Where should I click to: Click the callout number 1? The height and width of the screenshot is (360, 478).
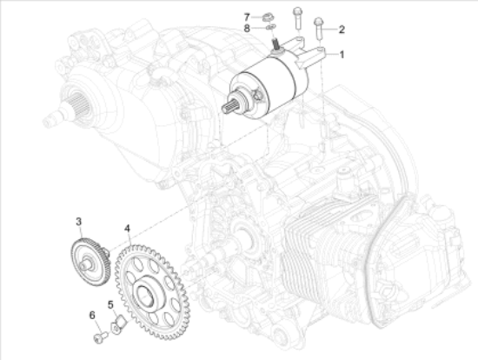(342, 55)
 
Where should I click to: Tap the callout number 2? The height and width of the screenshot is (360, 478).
(342, 30)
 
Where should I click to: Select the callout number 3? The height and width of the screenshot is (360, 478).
(78, 222)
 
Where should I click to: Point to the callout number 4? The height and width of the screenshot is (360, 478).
(127, 229)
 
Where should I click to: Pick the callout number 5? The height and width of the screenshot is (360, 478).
(110, 304)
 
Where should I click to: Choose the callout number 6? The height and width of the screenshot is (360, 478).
(92, 315)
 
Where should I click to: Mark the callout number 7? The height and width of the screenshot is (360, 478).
(247, 17)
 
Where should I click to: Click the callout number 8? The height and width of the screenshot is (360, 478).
(247, 29)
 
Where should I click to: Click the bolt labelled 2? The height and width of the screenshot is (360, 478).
(319, 29)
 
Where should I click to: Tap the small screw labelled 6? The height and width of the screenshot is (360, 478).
(101, 337)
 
